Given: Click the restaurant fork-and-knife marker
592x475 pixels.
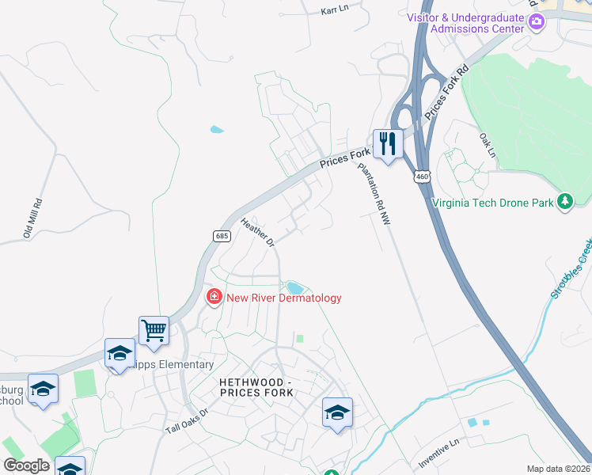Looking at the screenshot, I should [388, 144].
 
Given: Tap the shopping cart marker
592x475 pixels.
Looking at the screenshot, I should [154, 330].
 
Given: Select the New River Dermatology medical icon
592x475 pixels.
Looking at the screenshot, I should [213, 298].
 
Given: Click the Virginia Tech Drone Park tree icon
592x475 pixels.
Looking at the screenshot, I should [564, 202].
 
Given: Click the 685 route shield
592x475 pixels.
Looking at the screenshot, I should [221, 235].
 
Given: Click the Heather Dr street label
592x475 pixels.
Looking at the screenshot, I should [256, 231].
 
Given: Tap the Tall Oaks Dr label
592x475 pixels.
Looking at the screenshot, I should [186, 420].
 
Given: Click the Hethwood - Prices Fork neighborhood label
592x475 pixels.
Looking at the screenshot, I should [256, 388].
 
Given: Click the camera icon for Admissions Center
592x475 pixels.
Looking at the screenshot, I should [537, 21].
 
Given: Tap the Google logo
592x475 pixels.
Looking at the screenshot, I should [26, 465].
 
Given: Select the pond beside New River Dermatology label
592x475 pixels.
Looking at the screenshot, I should [294, 287].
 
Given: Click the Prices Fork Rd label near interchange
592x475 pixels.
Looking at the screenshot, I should [446, 93].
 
